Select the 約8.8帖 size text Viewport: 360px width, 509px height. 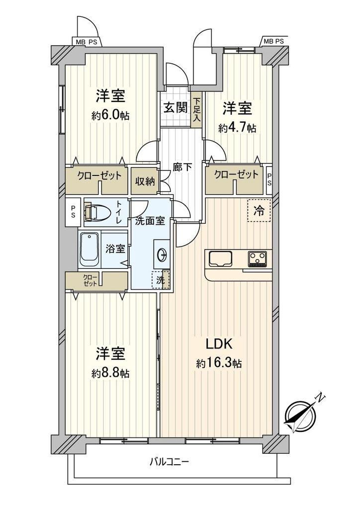point(110,373)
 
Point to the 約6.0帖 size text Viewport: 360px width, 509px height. point(110,115)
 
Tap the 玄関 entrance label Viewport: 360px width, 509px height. point(176,108)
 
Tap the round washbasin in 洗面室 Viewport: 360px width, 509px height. point(162,255)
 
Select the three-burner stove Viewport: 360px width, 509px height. point(259,258)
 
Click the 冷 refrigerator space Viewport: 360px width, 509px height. point(259,211)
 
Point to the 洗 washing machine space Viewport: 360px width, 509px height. point(161,279)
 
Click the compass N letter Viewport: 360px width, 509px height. point(320,397)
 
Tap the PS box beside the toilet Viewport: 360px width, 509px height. point(74,212)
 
